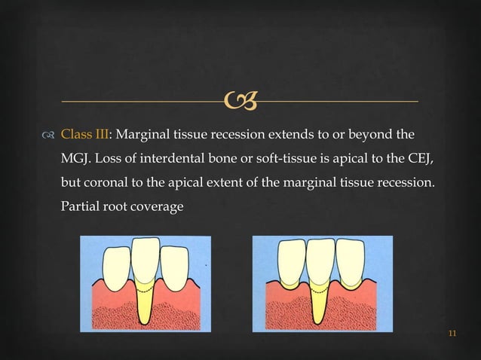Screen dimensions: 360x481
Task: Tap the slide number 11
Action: [452, 334]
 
